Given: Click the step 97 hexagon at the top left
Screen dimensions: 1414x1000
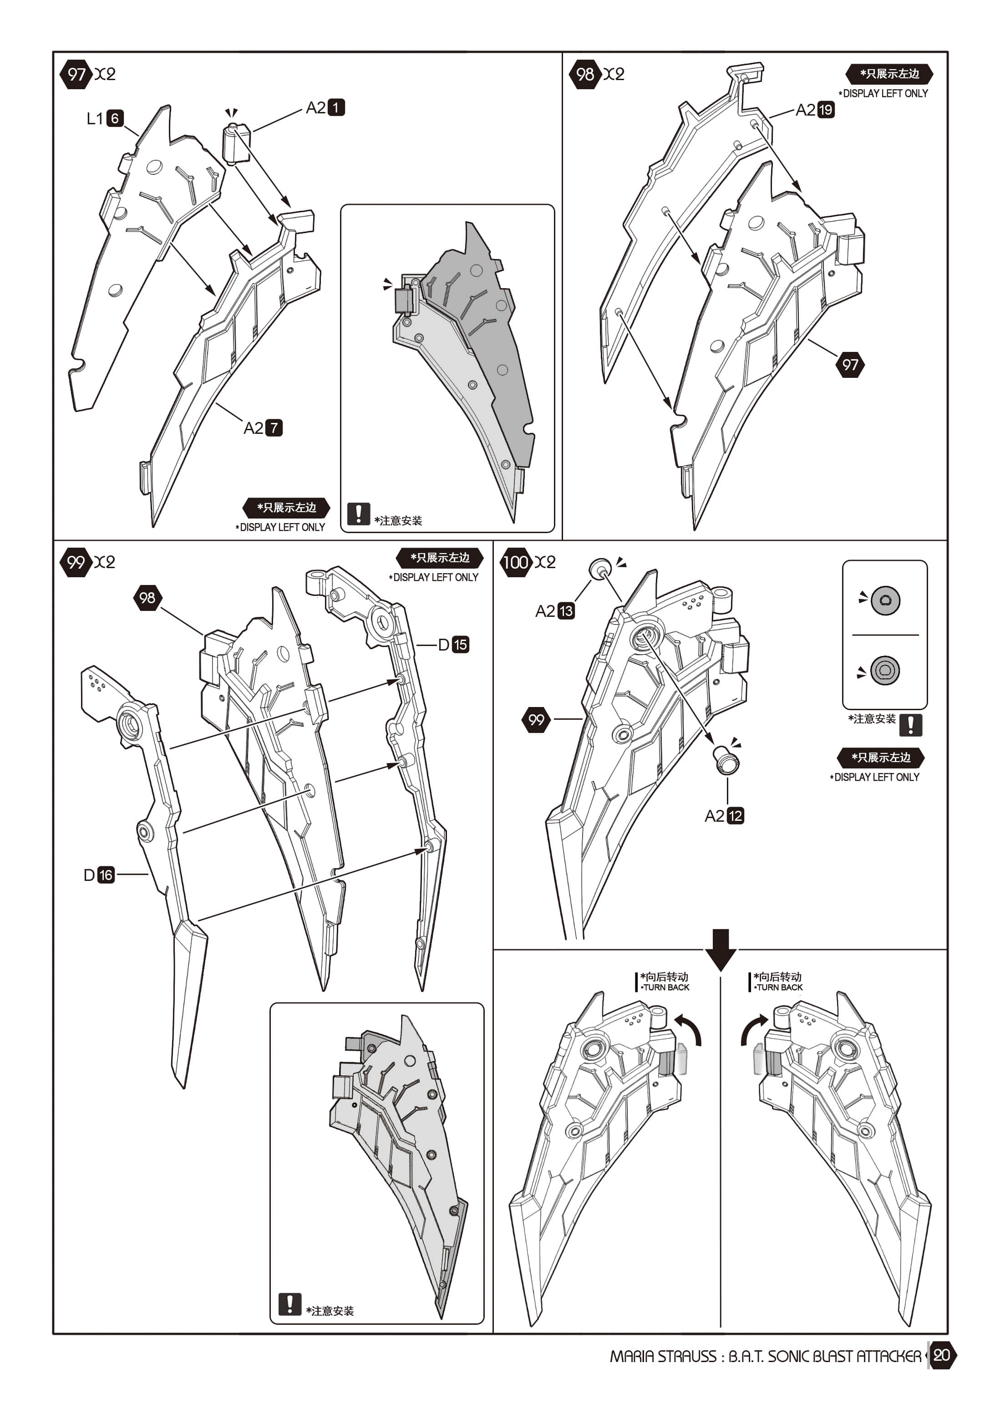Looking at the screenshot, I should (76, 75).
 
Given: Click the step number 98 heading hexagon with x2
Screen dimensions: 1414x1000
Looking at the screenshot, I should (584, 75).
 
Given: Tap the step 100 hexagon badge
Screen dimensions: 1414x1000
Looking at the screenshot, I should (515, 562).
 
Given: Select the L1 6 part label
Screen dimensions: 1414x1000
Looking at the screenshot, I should (105, 118).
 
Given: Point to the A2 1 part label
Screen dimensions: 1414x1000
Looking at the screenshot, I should (325, 108).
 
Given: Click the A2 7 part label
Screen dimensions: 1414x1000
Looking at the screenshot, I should (263, 428).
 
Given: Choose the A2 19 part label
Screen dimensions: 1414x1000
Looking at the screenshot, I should (815, 110).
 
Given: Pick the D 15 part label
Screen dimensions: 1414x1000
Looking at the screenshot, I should (453, 645).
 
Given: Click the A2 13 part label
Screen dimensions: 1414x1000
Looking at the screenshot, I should (555, 611).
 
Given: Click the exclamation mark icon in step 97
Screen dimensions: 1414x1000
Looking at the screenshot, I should (358, 514).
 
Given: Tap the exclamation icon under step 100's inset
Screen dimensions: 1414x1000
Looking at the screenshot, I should (910, 725).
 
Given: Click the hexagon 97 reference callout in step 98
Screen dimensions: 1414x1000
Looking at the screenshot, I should (850, 365).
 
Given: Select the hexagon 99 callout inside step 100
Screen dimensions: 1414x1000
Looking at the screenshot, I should (536, 719).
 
